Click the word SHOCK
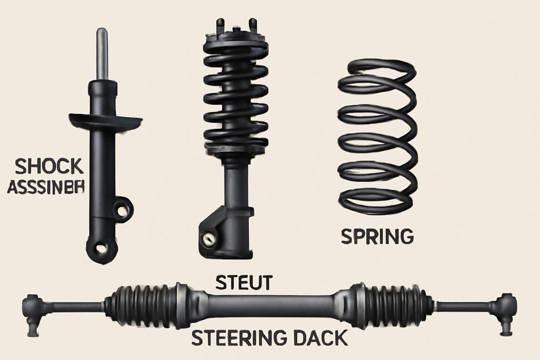pyautogui.click(x=50, y=167)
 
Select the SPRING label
pyautogui.click(x=377, y=236)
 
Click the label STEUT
pyautogui.click(x=243, y=283)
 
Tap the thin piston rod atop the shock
pyautogui.click(x=102, y=53)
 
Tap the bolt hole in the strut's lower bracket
pyautogui.click(x=210, y=237)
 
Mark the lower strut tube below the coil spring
pyautogui.click(x=232, y=184)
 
